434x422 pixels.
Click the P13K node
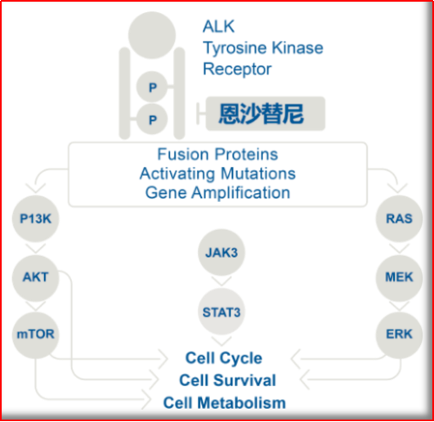(x=35, y=218)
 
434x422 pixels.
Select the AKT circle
(x=35, y=278)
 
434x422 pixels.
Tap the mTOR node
(x=35, y=334)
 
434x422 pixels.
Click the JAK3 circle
(x=221, y=252)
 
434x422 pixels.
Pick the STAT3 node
(x=221, y=312)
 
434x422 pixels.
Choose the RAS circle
(x=399, y=218)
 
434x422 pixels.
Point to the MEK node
(x=399, y=278)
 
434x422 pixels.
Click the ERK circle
(x=399, y=334)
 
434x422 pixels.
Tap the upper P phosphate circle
(x=152, y=87)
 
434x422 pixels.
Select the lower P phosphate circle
(x=152, y=119)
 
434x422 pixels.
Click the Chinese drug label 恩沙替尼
(x=262, y=114)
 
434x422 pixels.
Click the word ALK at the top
(x=219, y=27)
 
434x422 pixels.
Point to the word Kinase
(x=298, y=47)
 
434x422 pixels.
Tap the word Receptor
(x=238, y=70)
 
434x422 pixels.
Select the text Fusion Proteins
(x=217, y=155)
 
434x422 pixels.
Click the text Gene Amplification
(x=217, y=193)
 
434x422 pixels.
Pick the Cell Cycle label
(x=224, y=358)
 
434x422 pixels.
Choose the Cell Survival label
(x=227, y=380)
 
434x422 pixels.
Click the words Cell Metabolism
(x=225, y=403)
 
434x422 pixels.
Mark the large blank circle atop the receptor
(x=152, y=35)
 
